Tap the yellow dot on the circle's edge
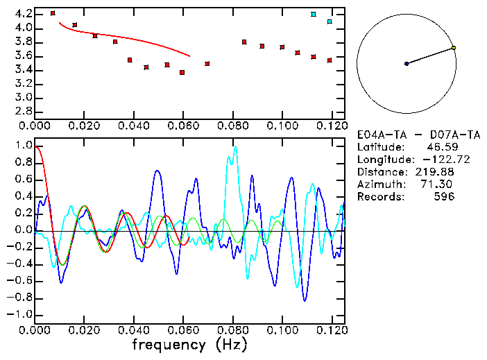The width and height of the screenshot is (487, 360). coord(453,48)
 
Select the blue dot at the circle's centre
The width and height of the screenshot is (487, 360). coord(407,64)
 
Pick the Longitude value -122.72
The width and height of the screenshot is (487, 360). coord(435,160)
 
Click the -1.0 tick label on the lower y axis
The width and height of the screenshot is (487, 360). coord(20,314)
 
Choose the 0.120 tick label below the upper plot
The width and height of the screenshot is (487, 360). coord(331,127)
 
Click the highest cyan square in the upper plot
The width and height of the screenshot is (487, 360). coord(314,14)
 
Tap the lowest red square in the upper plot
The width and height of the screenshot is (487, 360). coord(182,72)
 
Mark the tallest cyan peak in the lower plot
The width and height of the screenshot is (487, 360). coord(235,147)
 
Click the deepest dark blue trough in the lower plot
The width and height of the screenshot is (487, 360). coord(305,300)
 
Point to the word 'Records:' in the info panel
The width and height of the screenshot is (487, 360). coord(379,197)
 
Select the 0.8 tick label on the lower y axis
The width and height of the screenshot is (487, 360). coord(24,162)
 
